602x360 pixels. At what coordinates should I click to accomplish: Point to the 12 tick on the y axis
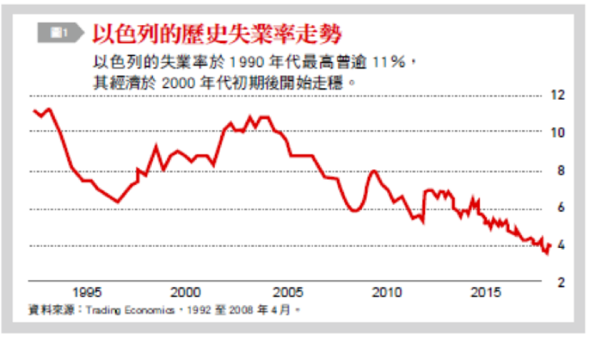coord(557,96)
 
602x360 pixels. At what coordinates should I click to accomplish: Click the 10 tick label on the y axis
coord(557,133)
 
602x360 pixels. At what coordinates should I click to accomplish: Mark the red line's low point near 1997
coord(118,202)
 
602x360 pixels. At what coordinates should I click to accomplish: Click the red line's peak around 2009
coord(374,170)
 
